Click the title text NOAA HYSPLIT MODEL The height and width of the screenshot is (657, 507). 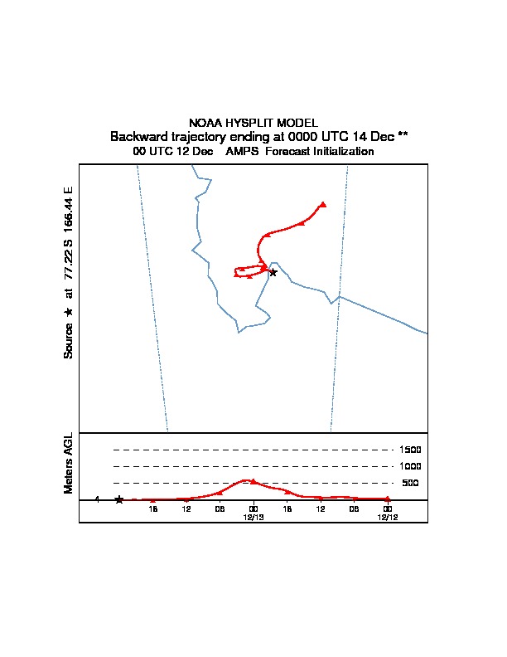(x=253, y=123)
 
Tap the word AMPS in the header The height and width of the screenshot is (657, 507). (x=242, y=151)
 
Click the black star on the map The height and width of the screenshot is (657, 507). (x=273, y=272)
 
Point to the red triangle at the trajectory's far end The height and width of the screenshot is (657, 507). (x=323, y=204)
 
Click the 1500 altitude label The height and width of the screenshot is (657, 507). (x=410, y=450)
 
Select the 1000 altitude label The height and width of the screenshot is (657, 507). (x=410, y=466)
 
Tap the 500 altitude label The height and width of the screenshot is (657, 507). (x=410, y=483)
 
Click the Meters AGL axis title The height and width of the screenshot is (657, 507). (x=68, y=464)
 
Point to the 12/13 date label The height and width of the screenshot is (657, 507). (x=254, y=517)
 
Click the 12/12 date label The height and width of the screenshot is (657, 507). (x=388, y=517)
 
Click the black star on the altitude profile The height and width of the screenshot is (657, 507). (x=119, y=499)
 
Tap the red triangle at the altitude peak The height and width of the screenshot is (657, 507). (x=253, y=481)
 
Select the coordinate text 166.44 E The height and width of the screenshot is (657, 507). (x=68, y=209)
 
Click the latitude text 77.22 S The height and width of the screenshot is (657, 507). (x=68, y=260)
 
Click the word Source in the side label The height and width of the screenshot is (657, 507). (x=68, y=341)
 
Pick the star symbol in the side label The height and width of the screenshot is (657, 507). (x=68, y=312)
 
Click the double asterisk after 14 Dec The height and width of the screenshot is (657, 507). (x=403, y=134)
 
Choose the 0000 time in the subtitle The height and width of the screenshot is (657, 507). (x=303, y=137)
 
